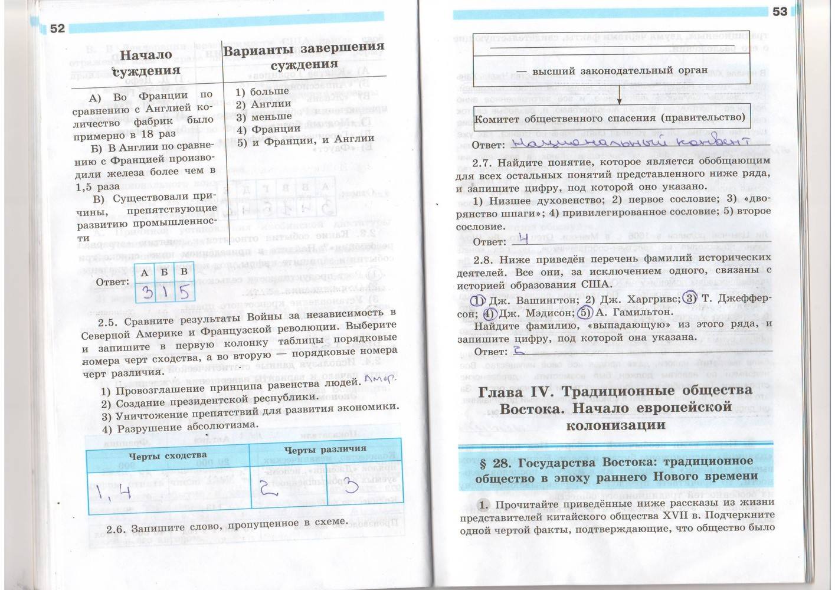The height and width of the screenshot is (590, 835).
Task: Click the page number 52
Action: coord(57,30)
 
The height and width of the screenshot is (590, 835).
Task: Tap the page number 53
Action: coord(780,12)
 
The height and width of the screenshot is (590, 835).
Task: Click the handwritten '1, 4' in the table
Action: coord(113,491)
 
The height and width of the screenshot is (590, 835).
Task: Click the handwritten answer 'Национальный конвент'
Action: coord(629,143)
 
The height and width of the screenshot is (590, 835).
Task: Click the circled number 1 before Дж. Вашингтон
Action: coord(477,300)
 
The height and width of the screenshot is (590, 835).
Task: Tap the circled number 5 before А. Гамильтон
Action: coord(584,312)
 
